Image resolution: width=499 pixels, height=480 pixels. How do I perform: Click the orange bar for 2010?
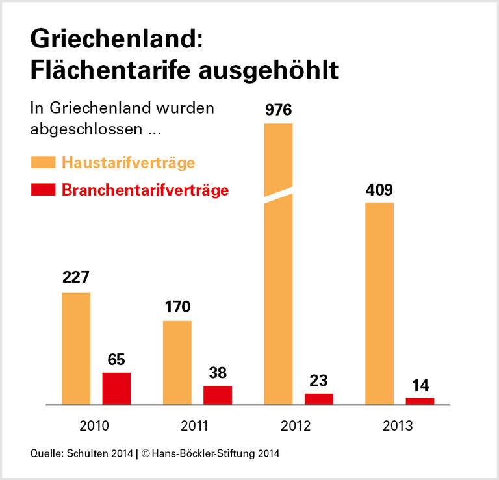[x=76, y=348]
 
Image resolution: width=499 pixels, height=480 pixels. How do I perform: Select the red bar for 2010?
[x=116, y=388]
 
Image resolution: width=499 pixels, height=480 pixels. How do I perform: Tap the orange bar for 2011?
[x=177, y=362]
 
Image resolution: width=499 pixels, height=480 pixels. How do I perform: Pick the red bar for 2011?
[x=218, y=395]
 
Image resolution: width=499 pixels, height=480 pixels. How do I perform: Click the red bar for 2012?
[x=318, y=399]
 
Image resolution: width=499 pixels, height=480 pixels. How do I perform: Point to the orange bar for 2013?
[x=379, y=303]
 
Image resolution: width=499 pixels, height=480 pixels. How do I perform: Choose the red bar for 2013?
[x=420, y=401]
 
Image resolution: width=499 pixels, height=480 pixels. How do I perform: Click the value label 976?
[x=278, y=110]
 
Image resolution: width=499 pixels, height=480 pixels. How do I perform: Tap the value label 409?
[x=379, y=190]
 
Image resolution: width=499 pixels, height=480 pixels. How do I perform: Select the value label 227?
[x=76, y=278]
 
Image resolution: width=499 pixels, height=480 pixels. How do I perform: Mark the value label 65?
[x=116, y=359]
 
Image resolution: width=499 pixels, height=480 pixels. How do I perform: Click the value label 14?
[x=420, y=385]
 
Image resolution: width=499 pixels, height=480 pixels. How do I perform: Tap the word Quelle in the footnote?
[x=44, y=453]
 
